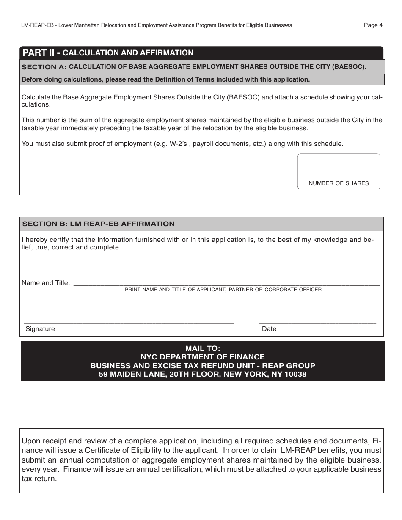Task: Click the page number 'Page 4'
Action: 373,25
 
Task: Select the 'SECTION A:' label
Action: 44,67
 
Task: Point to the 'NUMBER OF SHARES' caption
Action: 339,183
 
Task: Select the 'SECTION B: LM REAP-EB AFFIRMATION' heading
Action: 98,224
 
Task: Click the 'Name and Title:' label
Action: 46,283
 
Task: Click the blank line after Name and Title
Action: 226,285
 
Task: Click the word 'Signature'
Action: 40,329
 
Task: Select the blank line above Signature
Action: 129,323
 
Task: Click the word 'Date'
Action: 269,329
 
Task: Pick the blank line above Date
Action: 317,323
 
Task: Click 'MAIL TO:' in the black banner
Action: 203,349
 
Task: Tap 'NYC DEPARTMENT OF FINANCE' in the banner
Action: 203,357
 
